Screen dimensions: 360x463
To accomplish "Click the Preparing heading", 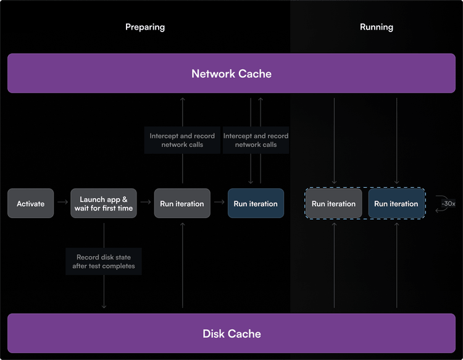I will pyautogui.click(x=145, y=27).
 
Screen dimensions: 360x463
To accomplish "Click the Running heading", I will pyautogui.click(x=376, y=27).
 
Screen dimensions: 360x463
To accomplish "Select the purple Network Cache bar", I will pyautogui.click(x=231, y=73).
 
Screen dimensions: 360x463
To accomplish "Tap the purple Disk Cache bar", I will pyautogui.click(x=231, y=333).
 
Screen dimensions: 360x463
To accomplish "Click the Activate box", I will pyautogui.click(x=31, y=204).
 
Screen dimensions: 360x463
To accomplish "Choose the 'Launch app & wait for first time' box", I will pyautogui.click(x=104, y=204).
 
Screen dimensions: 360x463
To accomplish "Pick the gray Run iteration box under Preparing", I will pyautogui.click(x=182, y=204).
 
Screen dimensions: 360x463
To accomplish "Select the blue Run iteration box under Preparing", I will pyautogui.click(x=256, y=204).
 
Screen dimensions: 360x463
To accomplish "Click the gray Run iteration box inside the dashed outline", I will pyautogui.click(x=333, y=204).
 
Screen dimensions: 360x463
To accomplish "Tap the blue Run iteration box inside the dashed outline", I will pyautogui.click(x=396, y=204).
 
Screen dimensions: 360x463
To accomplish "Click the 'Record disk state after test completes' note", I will pyautogui.click(x=104, y=262).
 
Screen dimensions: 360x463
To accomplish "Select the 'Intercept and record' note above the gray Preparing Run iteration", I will pyautogui.click(x=182, y=140).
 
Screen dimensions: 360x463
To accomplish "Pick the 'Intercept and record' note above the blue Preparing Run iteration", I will pyautogui.click(x=256, y=140).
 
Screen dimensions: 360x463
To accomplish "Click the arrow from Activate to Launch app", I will pyautogui.click(x=62, y=202).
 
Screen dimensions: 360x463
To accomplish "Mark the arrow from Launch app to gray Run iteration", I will pyautogui.click(x=146, y=202).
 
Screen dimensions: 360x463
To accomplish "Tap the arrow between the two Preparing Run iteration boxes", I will pyautogui.click(x=219, y=202).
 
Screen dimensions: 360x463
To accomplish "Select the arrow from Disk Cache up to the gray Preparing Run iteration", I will pyautogui.click(x=182, y=266).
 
